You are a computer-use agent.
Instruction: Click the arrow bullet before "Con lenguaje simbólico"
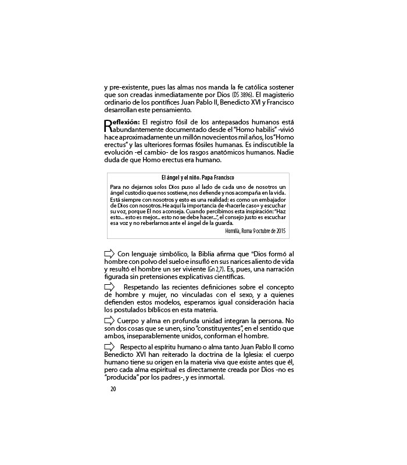point(109,253)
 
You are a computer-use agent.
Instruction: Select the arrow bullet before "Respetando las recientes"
point(109,287)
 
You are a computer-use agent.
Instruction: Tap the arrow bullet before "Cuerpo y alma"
point(109,320)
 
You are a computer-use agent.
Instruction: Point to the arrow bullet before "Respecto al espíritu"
point(109,346)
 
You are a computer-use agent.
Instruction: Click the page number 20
point(113,389)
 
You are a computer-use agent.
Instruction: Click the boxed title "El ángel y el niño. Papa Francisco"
point(198,177)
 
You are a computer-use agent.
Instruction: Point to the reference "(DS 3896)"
point(242,94)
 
